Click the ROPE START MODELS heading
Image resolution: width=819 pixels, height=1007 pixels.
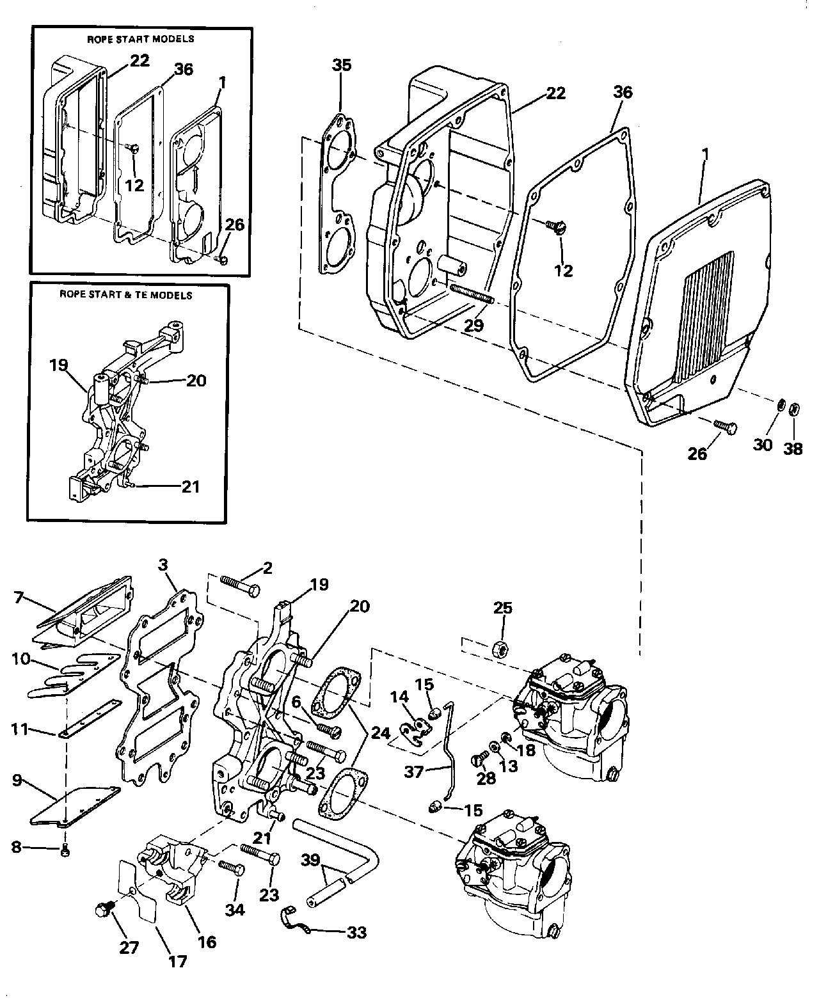pyautogui.click(x=140, y=39)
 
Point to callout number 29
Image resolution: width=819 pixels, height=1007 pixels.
pyautogui.click(x=473, y=325)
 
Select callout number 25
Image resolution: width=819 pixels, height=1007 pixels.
pyautogui.click(x=504, y=608)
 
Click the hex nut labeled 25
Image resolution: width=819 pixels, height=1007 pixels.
pyautogui.click(x=501, y=649)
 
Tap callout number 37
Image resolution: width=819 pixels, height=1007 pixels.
pyautogui.click(x=415, y=773)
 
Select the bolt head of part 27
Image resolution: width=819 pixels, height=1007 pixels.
pyautogui.click(x=102, y=910)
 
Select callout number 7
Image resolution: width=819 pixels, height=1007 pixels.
pyautogui.click(x=22, y=598)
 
